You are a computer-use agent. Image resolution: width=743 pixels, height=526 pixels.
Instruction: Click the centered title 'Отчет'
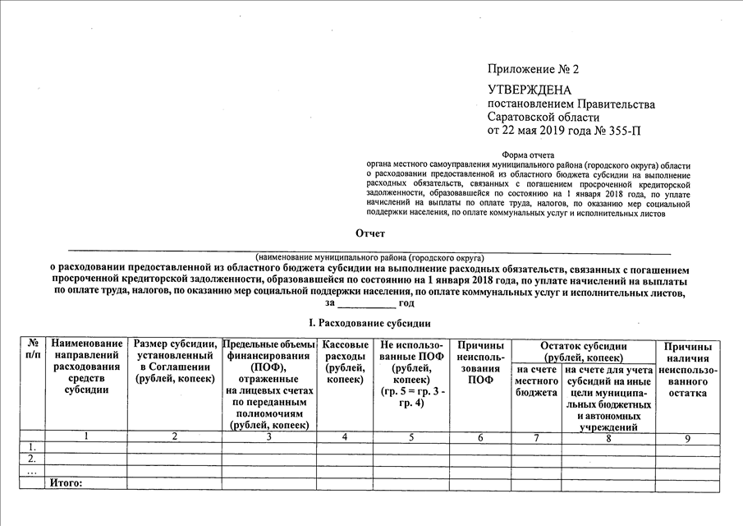(x=370, y=235)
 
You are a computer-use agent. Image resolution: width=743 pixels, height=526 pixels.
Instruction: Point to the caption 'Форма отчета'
(x=527, y=155)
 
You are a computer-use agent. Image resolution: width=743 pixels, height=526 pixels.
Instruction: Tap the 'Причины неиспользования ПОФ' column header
(x=481, y=362)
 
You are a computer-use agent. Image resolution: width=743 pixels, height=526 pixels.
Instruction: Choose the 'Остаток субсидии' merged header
(x=584, y=352)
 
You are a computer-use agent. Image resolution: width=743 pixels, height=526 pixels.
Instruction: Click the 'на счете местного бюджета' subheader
(x=536, y=382)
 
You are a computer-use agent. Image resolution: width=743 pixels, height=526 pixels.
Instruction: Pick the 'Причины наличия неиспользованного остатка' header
(x=688, y=370)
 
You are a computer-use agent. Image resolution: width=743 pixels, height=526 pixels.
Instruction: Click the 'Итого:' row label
(x=67, y=482)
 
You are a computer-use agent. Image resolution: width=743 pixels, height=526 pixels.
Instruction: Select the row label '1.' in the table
(x=32, y=447)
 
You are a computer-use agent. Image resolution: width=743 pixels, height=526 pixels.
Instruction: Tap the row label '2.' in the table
(x=32, y=459)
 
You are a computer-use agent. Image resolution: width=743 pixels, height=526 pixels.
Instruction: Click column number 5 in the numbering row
(x=411, y=437)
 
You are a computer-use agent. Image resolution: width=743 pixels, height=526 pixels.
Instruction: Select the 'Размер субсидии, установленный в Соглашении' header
(x=175, y=362)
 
